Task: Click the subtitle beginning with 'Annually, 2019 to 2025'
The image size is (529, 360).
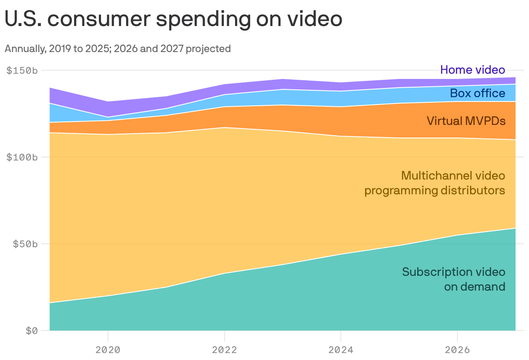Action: (x=118, y=49)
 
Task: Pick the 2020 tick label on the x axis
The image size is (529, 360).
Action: (x=108, y=349)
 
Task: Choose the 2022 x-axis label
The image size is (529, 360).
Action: (x=224, y=349)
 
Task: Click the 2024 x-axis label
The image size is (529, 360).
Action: (x=341, y=349)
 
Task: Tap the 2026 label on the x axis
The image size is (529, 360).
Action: (x=457, y=349)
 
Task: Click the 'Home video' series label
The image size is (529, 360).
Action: (x=473, y=70)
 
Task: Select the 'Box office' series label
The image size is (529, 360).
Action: (x=477, y=93)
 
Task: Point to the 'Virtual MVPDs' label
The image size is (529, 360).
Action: (x=466, y=121)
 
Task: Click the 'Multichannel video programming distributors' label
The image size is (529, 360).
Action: (x=435, y=183)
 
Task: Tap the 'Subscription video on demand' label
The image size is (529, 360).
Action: (x=454, y=279)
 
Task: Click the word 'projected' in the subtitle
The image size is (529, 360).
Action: (x=208, y=49)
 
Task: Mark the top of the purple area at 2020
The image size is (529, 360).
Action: (x=108, y=101)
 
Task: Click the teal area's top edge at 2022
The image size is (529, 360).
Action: (x=224, y=273)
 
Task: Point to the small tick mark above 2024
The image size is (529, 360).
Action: (x=341, y=334)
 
